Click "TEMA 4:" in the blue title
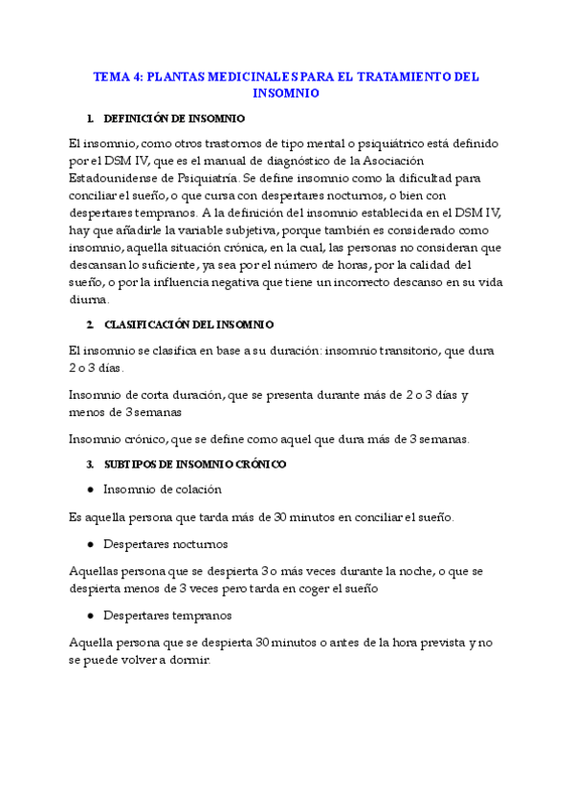[115, 76]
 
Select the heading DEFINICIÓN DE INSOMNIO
[173, 119]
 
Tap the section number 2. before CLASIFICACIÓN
[89, 324]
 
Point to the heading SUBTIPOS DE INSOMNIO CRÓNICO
[194, 464]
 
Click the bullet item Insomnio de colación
[162, 489]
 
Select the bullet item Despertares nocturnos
[165, 544]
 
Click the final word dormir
[187, 660]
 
